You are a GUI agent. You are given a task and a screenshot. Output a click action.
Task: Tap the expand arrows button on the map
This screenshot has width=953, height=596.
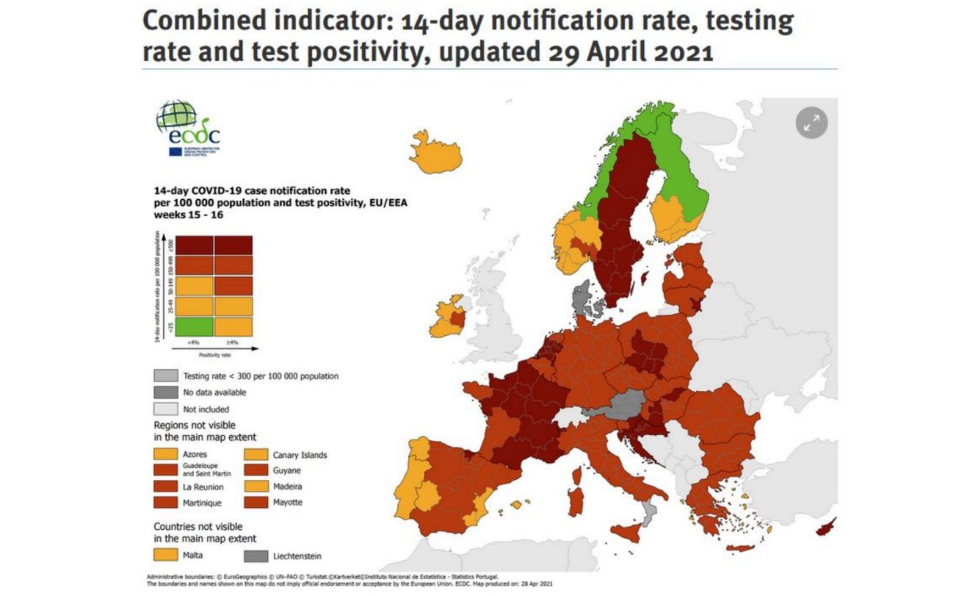tap(811, 123)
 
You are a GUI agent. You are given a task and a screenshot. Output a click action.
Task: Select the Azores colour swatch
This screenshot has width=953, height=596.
tap(165, 455)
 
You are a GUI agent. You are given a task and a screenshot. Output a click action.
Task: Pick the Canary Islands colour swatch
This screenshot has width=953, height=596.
tap(255, 455)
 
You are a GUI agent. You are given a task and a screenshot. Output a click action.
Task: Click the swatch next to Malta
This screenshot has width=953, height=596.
tap(165, 555)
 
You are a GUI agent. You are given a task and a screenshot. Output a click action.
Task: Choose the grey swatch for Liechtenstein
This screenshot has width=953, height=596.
tap(255, 556)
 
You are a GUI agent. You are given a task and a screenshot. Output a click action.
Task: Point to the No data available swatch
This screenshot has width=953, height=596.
tap(165, 392)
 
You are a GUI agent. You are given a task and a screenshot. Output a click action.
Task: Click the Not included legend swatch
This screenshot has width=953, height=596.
tap(165, 409)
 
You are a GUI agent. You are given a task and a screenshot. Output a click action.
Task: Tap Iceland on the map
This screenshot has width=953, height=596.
tap(436, 151)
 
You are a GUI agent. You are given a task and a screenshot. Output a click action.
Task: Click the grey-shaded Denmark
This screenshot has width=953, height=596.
tap(583, 298)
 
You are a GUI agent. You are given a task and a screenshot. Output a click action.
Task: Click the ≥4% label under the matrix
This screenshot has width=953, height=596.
tap(233, 342)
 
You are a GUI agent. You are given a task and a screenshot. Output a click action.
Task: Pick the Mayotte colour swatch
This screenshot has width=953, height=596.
tap(255, 503)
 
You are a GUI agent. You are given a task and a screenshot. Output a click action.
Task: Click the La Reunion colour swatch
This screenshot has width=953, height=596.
tap(165, 487)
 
